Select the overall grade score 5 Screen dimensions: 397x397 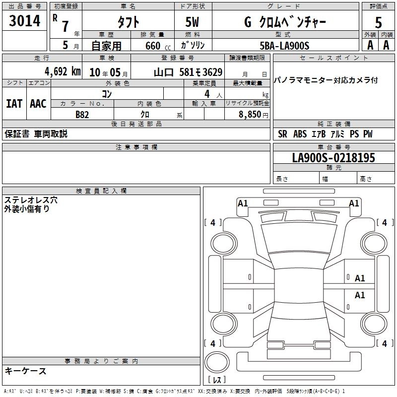point(378,22)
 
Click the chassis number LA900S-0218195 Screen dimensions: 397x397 point(333,158)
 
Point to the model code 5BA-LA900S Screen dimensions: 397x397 point(284,45)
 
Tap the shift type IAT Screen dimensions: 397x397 point(14,104)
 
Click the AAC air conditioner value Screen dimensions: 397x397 point(38,104)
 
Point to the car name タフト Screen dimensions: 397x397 point(128,22)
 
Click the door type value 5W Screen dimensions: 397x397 point(193,22)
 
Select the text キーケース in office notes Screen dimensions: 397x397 point(25,371)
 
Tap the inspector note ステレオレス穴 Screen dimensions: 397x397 point(31,199)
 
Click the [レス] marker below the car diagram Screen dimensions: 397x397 point(216,381)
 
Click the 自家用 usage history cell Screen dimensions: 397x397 point(106,46)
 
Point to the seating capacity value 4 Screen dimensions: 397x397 point(206,94)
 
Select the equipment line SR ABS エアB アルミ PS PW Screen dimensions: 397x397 point(325,134)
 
